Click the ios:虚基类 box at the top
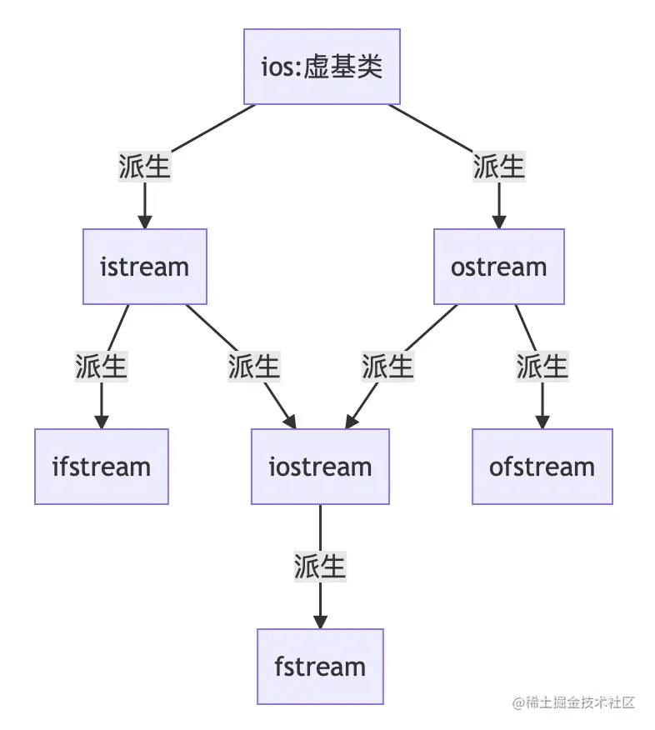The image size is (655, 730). pyautogui.click(x=322, y=67)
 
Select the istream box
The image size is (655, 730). pyautogui.click(x=144, y=267)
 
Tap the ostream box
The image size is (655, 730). pyautogui.click(x=498, y=267)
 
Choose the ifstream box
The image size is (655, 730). pyautogui.click(x=102, y=467)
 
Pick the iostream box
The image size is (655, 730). pyautogui.click(x=320, y=467)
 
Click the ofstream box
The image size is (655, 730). pyautogui.click(x=542, y=467)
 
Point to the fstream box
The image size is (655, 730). pyautogui.click(x=320, y=667)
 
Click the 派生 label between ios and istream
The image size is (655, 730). pyautogui.click(x=144, y=167)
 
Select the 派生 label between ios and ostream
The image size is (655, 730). pyautogui.click(x=498, y=167)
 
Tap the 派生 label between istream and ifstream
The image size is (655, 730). pyautogui.click(x=102, y=367)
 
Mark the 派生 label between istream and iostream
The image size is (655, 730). pyautogui.click(x=254, y=367)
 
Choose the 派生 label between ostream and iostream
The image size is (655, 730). pyautogui.click(x=387, y=367)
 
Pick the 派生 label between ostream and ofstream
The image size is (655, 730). pyautogui.click(x=542, y=367)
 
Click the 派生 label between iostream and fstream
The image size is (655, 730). pyautogui.click(x=320, y=567)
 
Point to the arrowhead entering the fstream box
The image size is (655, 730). pyautogui.click(x=320, y=622)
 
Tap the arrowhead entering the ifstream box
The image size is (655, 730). pyautogui.click(x=102, y=422)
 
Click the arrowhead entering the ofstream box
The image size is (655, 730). pyautogui.click(x=542, y=422)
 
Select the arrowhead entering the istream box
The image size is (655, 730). pyautogui.click(x=144, y=222)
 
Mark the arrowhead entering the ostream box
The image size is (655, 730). pyautogui.click(x=498, y=222)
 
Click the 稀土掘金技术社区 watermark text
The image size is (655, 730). pyautogui.click(x=574, y=702)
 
